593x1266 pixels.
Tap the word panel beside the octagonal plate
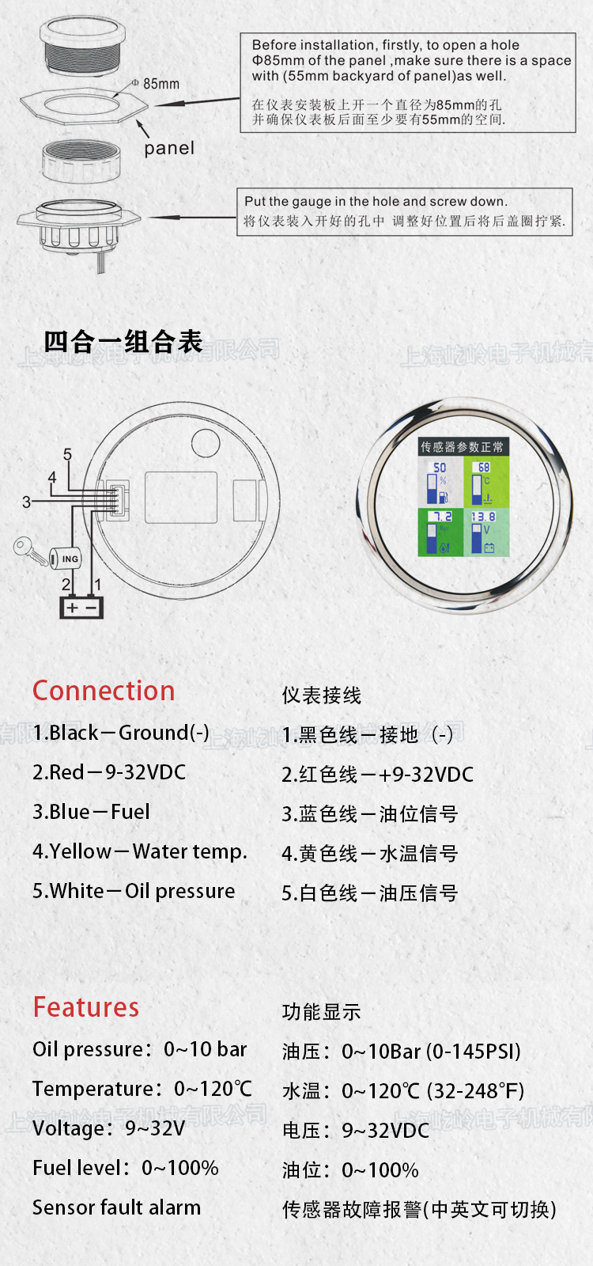tap(168, 148)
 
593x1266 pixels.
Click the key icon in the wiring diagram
tap(28, 549)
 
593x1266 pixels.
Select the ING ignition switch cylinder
tap(66, 559)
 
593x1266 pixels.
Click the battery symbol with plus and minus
tap(81, 607)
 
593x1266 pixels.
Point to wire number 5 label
tap(67, 455)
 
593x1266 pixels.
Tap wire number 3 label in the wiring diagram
tap(26, 502)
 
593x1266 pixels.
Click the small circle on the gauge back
tap(206, 444)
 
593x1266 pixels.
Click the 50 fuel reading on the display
tap(440, 468)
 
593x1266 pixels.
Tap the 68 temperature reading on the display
tap(483, 468)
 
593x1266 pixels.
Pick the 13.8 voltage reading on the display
tap(483, 517)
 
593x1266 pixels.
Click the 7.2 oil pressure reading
tap(441, 517)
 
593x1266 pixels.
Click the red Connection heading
tap(104, 691)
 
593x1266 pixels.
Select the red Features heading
tap(85, 1007)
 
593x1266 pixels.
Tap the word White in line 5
tap(77, 891)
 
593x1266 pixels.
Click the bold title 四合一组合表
tap(123, 342)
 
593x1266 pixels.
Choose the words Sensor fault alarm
tap(116, 1207)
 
